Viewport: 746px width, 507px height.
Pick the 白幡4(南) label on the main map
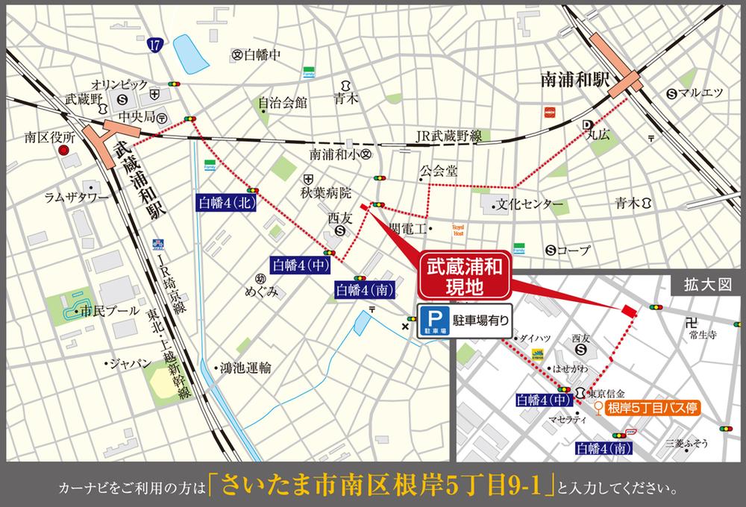pos(365,289)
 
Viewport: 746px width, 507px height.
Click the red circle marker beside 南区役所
pos(65,151)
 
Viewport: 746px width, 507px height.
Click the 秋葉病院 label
pos(325,194)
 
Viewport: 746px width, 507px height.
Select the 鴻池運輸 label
pos(245,368)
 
